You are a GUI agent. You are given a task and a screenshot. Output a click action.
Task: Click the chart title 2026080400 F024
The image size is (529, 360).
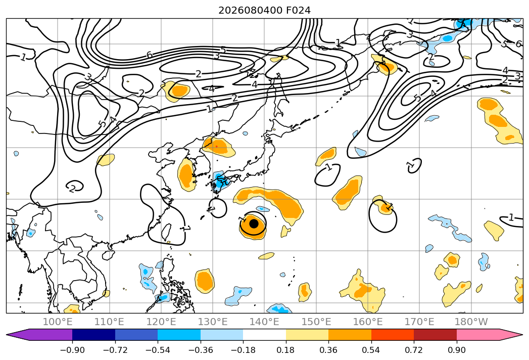pyautogui.click(x=265, y=11)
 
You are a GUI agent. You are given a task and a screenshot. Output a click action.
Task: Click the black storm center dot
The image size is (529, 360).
pyautogui.click(x=254, y=223)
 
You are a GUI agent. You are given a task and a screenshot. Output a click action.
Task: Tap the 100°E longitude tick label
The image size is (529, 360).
pyautogui.click(x=58, y=322)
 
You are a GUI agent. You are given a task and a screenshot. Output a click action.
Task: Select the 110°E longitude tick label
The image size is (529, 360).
pyautogui.click(x=109, y=322)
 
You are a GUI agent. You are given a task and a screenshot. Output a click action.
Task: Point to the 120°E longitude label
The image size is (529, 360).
pyautogui.click(x=161, y=322)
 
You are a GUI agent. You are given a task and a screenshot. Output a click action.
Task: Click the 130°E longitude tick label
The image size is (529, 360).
pyautogui.click(x=213, y=322)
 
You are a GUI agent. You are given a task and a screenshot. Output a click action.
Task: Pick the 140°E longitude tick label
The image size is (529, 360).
pyautogui.click(x=264, y=322)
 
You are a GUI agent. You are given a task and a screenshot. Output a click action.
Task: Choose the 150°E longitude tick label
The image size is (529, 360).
pyautogui.click(x=316, y=322)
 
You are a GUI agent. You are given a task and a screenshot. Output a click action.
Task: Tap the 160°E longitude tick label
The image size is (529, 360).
pyautogui.click(x=368, y=322)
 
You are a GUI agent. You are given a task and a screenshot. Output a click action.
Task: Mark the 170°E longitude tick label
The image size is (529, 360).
pyautogui.click(x=419, y=322)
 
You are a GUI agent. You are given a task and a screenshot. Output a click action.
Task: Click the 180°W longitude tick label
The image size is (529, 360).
pyautogui.click(x=471, y=322)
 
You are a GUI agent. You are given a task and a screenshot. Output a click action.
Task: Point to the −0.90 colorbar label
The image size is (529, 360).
pyautogui.click(x=72, y=350)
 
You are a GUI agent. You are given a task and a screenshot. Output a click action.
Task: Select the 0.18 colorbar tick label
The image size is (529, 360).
pyautogui.click(x=285, y=350)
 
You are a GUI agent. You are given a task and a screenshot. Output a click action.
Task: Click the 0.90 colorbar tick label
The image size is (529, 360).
pyautogui.click(x=456, y=350)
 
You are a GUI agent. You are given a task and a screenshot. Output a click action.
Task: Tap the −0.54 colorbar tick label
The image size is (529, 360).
pyautogui.click(x=158, y=350)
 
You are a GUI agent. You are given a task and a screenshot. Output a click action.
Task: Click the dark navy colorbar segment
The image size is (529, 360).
pyautogui.click(x=93, y=334)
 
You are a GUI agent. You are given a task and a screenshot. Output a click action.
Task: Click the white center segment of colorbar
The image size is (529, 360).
pyautogui.click(x=264, y=334)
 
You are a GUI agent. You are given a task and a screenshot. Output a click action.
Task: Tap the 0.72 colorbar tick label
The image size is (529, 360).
pyautogui.click(x=414, y=350)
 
